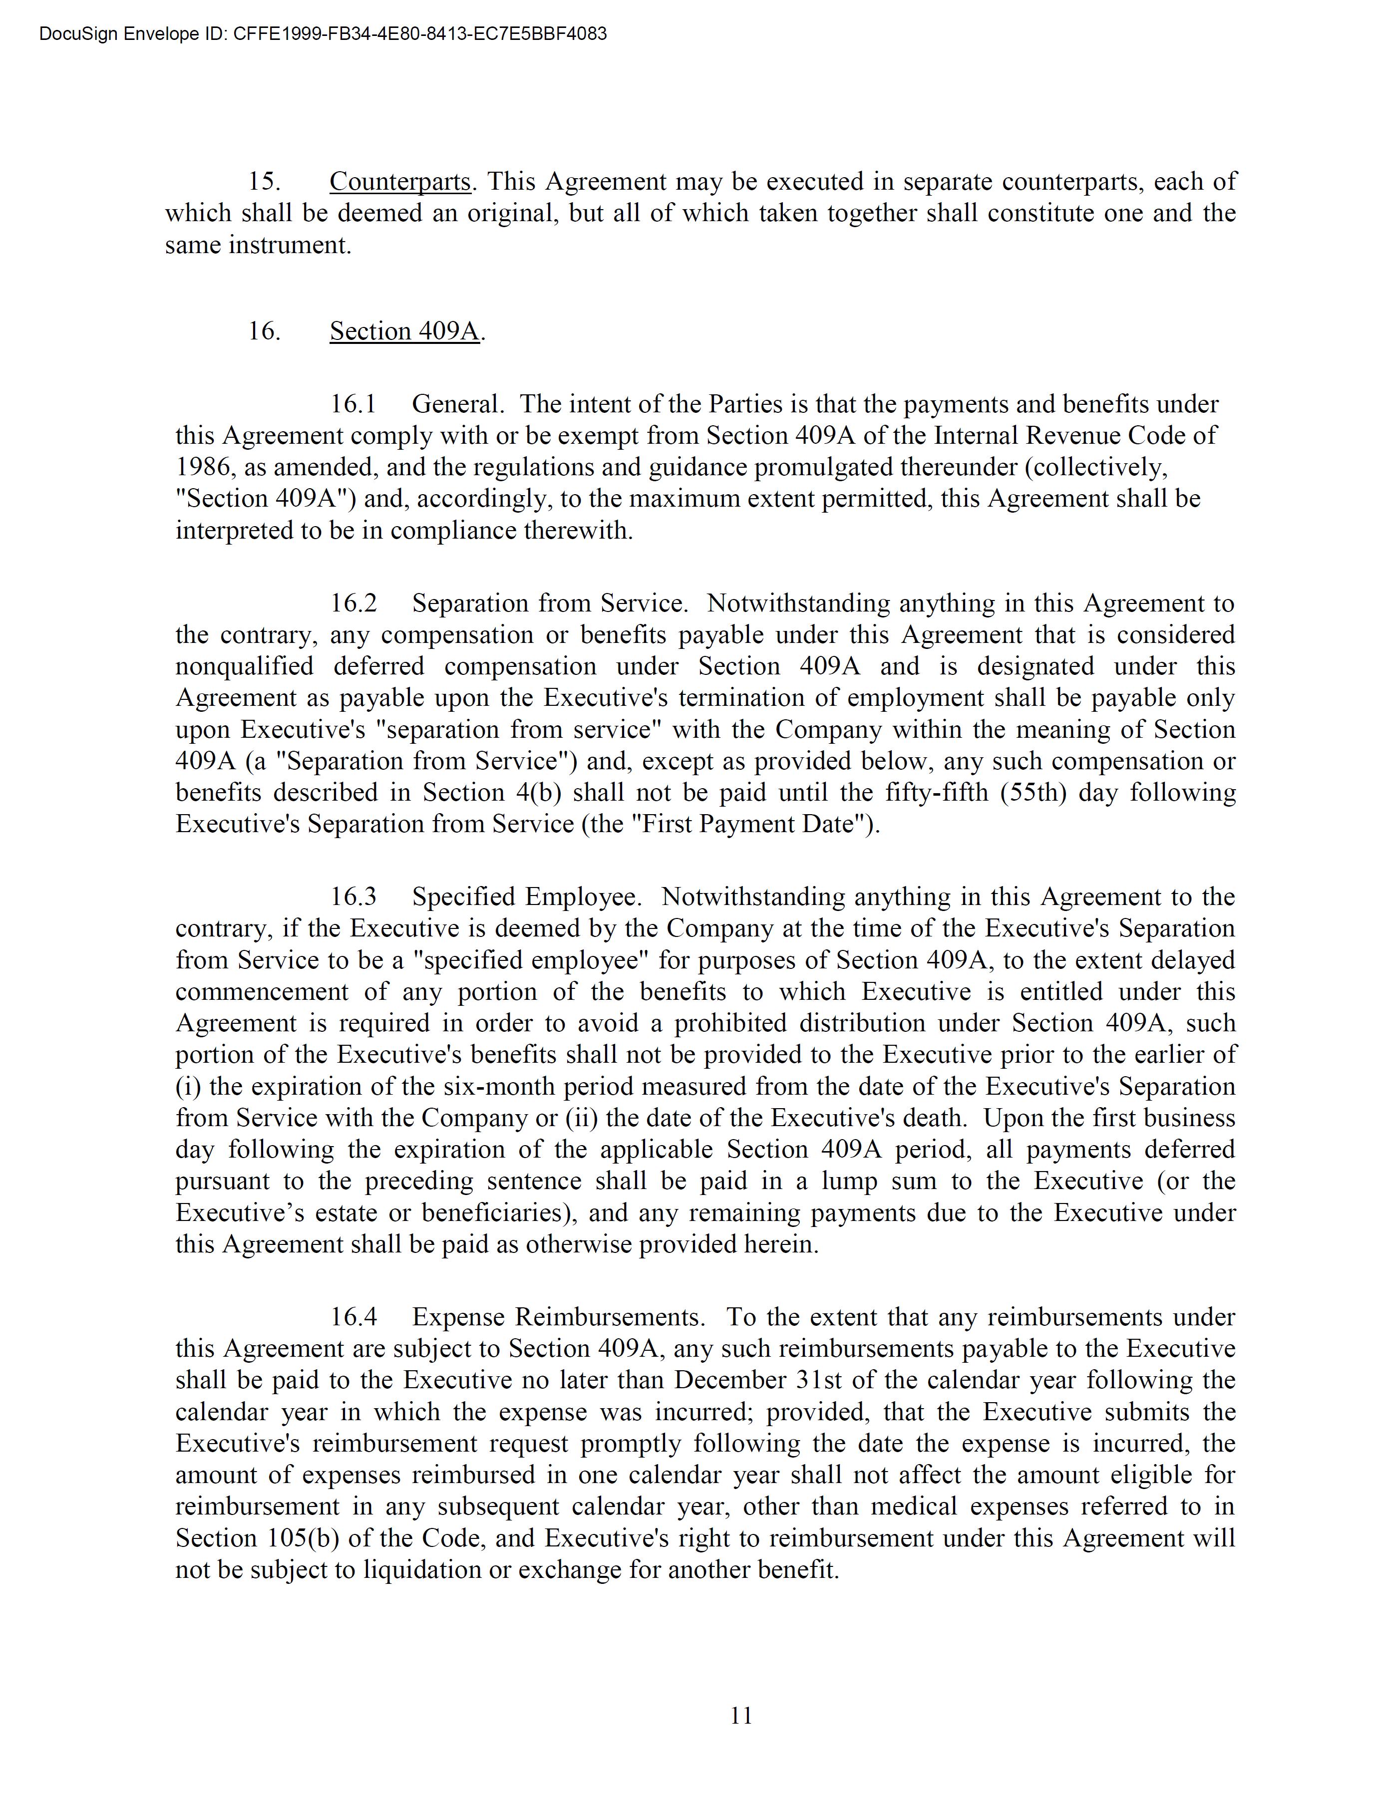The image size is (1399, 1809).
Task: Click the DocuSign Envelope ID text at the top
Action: click(x=323, y=34)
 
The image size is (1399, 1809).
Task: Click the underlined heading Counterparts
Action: click(x=400, y=181)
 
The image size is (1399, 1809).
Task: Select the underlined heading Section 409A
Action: click(x=404, y=331)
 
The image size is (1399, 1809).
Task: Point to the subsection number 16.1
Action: click(x=353, y=404)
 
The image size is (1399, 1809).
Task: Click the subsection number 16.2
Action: click(x=353, y=603)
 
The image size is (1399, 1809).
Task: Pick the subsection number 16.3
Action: click(x=353, y=897)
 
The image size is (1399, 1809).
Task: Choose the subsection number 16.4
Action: click(x=353, y=1317)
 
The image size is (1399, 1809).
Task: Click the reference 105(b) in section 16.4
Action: click(x=302, y=1538)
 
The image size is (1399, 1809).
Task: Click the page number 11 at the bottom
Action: click(x=741, y=1715)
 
